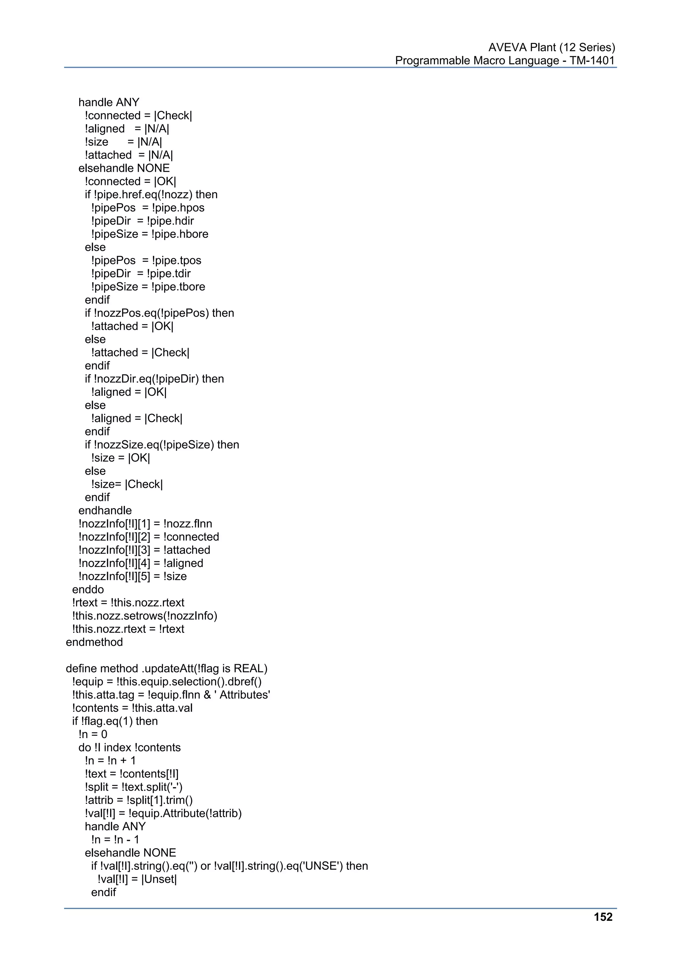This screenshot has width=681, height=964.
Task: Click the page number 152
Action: (x=603, y=917)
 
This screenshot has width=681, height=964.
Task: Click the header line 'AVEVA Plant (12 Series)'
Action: (x=551, y=48)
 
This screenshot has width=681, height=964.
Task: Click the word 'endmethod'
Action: (x=94, y=642)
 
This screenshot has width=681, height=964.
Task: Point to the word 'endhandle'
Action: (x=105, y=510)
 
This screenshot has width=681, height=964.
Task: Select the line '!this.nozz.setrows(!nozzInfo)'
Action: (x=145, y=616)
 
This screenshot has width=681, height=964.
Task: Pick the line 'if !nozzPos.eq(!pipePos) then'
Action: (x=160, y=313)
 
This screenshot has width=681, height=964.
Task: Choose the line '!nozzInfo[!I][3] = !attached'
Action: (x=144, y=550)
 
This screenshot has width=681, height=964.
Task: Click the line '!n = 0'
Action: (x=93, y=734)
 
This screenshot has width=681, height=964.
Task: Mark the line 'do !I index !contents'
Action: (x=129, y=747)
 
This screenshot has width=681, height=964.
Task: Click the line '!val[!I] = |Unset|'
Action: (x=137, y=879)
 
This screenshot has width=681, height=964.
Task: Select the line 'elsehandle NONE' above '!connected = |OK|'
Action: (x=124, y=168)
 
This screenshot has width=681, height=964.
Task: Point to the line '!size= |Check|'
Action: (x=127, y=484)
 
